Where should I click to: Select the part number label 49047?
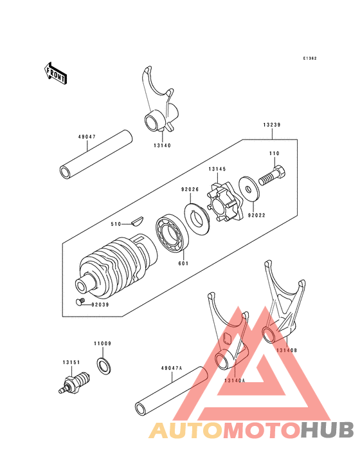click(87, 137)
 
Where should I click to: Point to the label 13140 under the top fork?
click(162, 146)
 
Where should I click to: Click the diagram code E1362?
click(310, 59)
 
